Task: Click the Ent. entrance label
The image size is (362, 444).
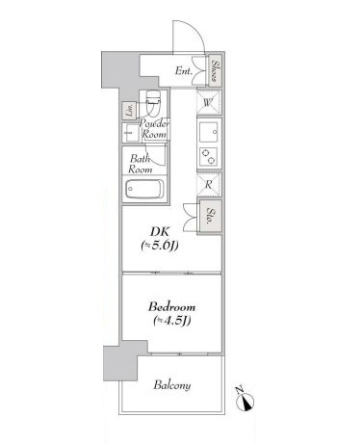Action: [184, 71]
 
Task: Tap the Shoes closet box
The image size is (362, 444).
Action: [216, 71]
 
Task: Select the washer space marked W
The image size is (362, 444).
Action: [209, 102]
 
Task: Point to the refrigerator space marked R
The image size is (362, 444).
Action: [209, 184]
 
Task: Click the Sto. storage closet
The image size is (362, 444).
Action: [211, 216]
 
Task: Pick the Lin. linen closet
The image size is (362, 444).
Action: [129, 111]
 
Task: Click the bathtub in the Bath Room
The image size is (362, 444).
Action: [144, 190]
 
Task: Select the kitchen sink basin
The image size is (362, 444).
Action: [208, 132]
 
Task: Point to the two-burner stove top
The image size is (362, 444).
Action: [208, 156]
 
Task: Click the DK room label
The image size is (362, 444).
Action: [160, 231]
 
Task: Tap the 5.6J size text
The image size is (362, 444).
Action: [160, 246]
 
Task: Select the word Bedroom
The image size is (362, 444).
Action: [171, 307]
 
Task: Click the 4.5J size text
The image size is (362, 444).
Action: [172, 321]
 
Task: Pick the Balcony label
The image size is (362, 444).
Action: [172, 385]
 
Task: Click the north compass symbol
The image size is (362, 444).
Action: [246, 401]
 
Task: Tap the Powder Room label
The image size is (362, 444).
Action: [154, 128]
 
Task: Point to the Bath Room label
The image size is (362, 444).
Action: [140, 164]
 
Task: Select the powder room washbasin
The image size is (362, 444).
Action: [130, 133]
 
